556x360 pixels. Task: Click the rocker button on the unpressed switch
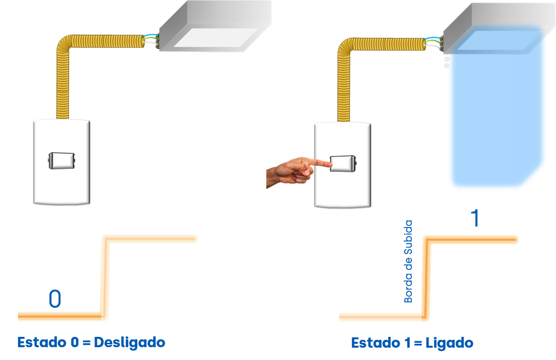(62, 161)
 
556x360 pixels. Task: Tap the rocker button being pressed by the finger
(342, 163)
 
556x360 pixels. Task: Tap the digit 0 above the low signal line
(55, 299)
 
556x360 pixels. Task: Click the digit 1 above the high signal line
(475, 218)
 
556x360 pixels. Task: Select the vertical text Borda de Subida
(408, 262)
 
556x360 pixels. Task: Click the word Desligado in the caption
(129, 342)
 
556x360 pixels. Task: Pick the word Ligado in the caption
(448, 343)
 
